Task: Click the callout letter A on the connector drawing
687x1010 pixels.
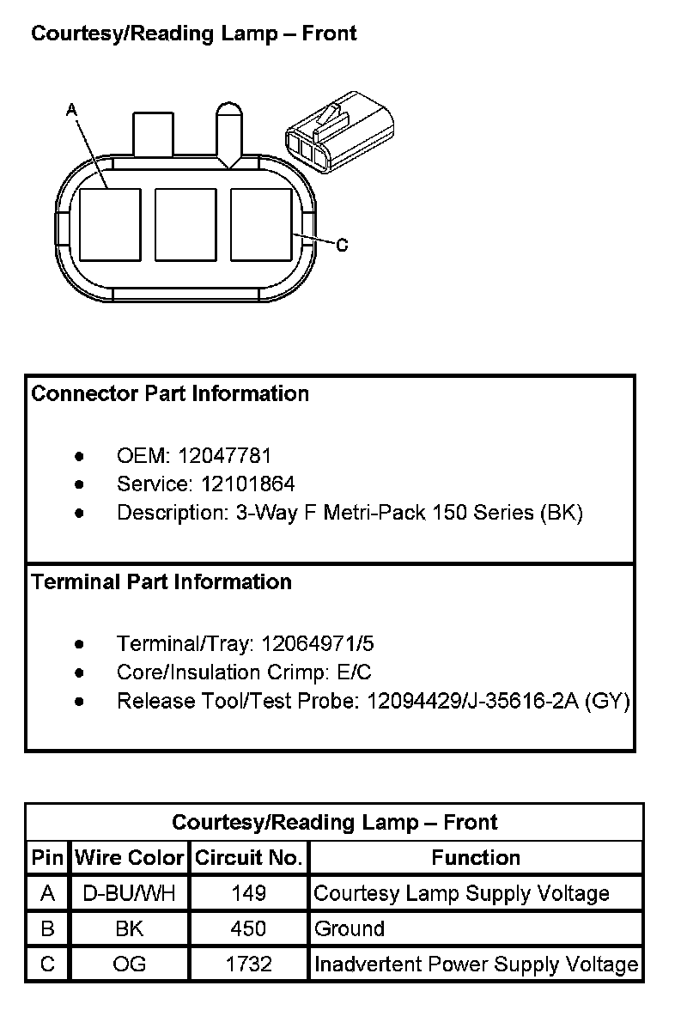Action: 72,110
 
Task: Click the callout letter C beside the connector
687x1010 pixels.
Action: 342,246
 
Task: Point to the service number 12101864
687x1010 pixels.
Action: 247,484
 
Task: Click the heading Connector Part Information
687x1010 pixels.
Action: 170,394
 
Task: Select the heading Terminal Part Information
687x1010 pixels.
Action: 161,582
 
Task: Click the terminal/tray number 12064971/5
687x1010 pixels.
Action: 318,643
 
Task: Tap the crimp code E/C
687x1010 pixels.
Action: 355,672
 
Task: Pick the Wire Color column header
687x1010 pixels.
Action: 130,858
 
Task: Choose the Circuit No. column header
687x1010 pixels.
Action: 249,858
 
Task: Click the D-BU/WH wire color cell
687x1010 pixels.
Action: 130,893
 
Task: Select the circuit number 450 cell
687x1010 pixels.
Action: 249,928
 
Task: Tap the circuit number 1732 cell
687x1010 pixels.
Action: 249,964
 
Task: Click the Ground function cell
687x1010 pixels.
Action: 350,928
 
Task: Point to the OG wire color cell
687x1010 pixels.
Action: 130,964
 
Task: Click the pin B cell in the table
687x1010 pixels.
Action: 47,928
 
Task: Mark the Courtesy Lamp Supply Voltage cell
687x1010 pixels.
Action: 462,893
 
